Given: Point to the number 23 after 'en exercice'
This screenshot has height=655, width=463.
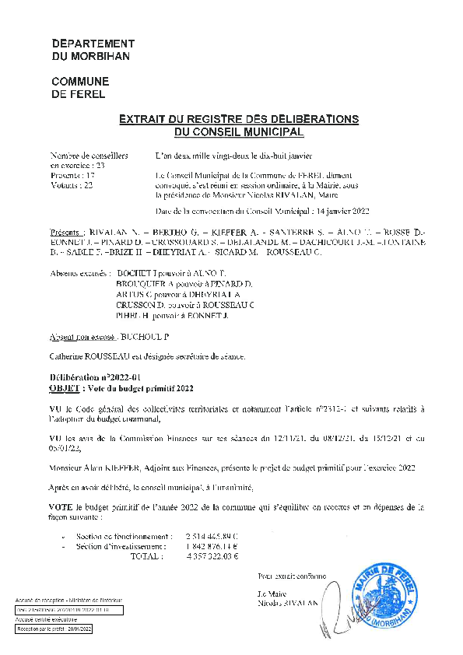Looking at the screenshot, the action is pyautogui.click(x=100, y=165).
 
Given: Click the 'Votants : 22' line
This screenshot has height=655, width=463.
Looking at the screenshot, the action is pyautogui.click(x=72, y=186).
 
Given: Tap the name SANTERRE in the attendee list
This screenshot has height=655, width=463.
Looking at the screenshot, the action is pyautogui.click(x=277, y=233).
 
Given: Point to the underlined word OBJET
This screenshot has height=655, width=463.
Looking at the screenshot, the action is pyautogui.click(x=63, y=387).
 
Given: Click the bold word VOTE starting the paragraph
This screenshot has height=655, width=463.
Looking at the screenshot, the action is pyautogui.click(x=61, y=506).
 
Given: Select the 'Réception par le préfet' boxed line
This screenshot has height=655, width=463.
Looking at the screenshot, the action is pyautogui.click(x=54, y=628).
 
